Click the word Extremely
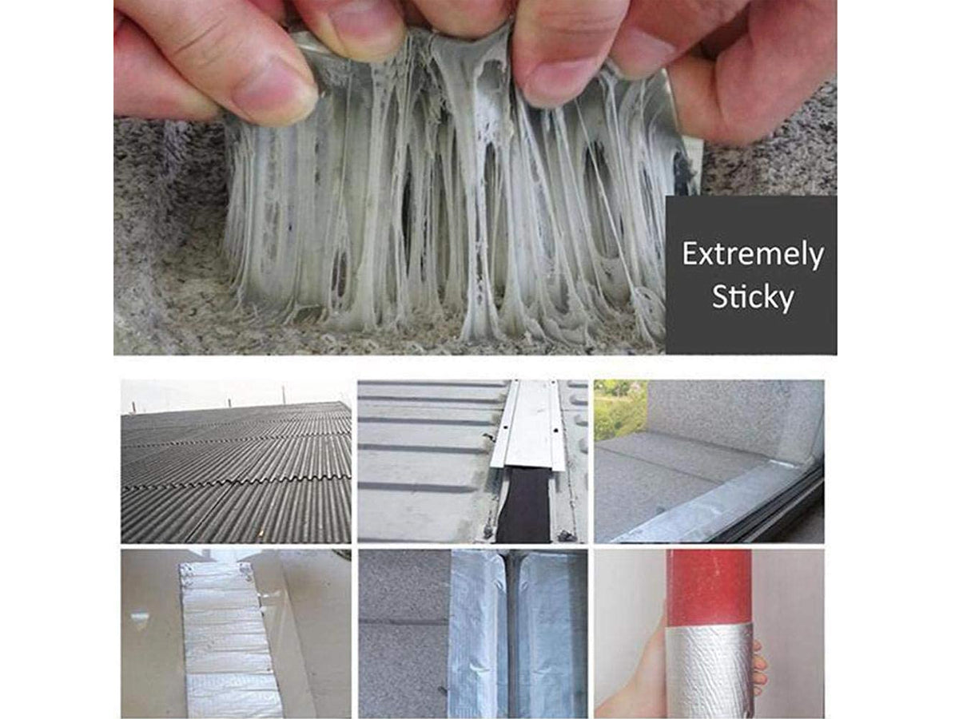[x=752, y=255]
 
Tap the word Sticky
[x=753, y=298]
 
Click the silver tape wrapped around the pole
[x=710, y=670]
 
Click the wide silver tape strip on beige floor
[x=227, y=642]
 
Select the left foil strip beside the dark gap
[x=479, y=634]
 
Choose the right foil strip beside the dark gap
[x=551, y=634]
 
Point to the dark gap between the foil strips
[x=514, y=634]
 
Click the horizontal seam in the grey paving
[x=404, y=622]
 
